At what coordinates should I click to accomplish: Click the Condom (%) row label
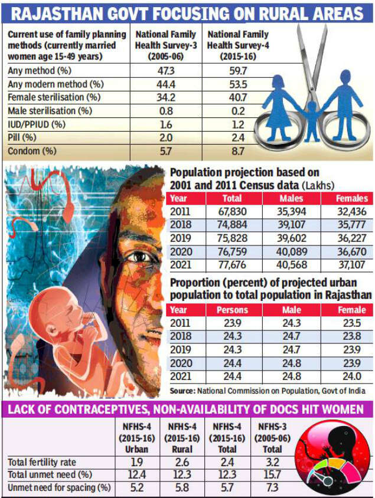point(32,151)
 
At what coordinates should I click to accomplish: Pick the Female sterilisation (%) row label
point(54,97)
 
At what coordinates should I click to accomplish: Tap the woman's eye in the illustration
point(141,257)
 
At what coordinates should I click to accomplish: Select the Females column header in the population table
point(352,199)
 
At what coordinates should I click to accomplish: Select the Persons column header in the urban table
point(232,310)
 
